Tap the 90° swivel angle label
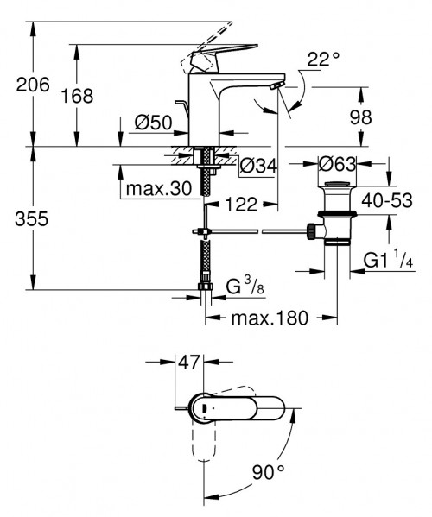pos(270,473)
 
